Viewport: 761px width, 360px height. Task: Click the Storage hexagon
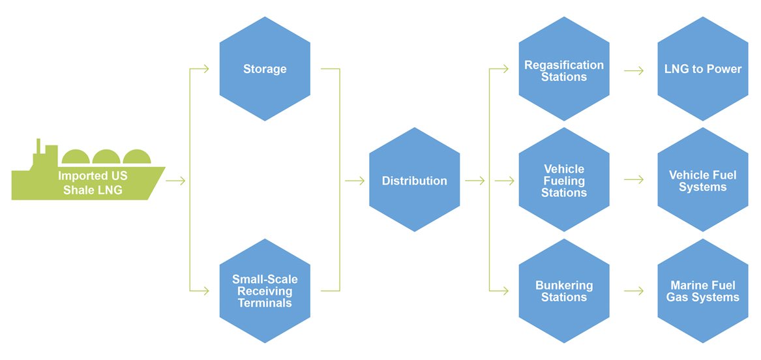click(x=265, y=69)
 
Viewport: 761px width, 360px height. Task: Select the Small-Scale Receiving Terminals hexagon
click(x=265, y=291)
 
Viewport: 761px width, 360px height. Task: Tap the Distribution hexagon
click(x=414, y=180)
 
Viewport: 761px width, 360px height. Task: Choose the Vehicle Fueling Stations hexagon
click(x=564, y=180)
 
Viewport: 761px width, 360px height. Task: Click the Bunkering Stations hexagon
click(x=564, y=291)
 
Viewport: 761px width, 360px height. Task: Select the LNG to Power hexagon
click(x=702, y=69)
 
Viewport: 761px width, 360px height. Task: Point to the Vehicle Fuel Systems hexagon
click(x=702, y=180)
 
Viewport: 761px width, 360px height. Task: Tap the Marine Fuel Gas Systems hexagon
click(x=702, y=291)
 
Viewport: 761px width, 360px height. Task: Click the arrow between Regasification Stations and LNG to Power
click(x=633, y=69)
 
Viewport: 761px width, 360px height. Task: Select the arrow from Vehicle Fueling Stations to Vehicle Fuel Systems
click(x=633, y=180)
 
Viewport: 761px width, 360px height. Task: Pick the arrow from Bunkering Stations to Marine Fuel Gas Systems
click(x=633, y=291)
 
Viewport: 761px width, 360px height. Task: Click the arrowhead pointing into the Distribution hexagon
click(x=361, y=181)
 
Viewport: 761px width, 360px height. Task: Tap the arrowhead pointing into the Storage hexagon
click(x=205, y=69)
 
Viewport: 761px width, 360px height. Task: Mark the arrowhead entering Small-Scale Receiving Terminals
click(x=205, y=291)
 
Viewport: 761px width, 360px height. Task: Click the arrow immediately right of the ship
click(x=175, y=181)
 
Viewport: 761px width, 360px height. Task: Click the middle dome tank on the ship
click(x=106, y=158)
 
